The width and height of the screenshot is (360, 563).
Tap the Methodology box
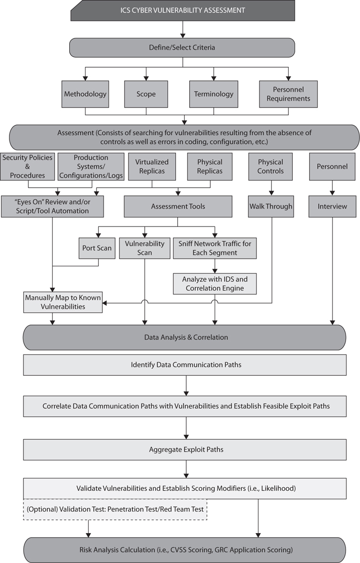coord(85,94)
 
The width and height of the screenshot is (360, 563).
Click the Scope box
coord(146,94)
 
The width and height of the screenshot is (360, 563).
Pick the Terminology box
coord(214,94)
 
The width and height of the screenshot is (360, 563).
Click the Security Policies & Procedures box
coord(27,166)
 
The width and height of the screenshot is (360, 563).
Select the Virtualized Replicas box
coord(152,166)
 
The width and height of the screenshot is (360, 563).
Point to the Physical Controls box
coord(270,166)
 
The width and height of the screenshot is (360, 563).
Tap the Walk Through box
coord(270,206)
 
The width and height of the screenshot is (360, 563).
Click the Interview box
coord(332,206)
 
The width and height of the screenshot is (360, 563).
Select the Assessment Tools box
coord(178,206)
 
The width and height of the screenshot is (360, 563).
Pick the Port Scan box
coord(97,248)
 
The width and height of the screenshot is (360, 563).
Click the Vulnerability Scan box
coord(144,248)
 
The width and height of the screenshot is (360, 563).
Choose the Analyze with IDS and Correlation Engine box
coord(215,283)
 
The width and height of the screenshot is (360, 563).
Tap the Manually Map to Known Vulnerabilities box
coord(63,302)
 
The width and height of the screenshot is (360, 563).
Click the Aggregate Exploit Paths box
coord(186,450)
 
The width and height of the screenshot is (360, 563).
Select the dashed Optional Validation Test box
coord(115,509)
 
